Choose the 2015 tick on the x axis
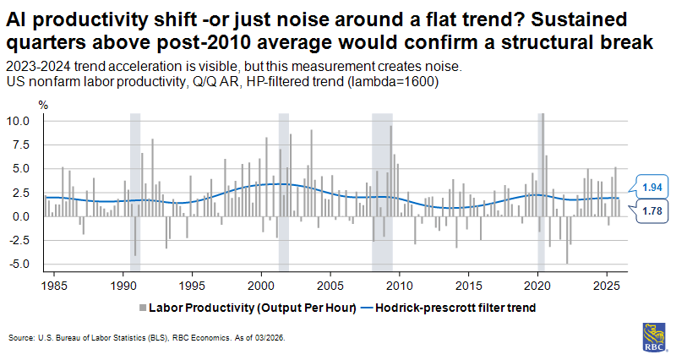(x=469, y=286)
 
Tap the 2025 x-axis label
(x=607, y=286)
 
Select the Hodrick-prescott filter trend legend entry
(x=456, y=308)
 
